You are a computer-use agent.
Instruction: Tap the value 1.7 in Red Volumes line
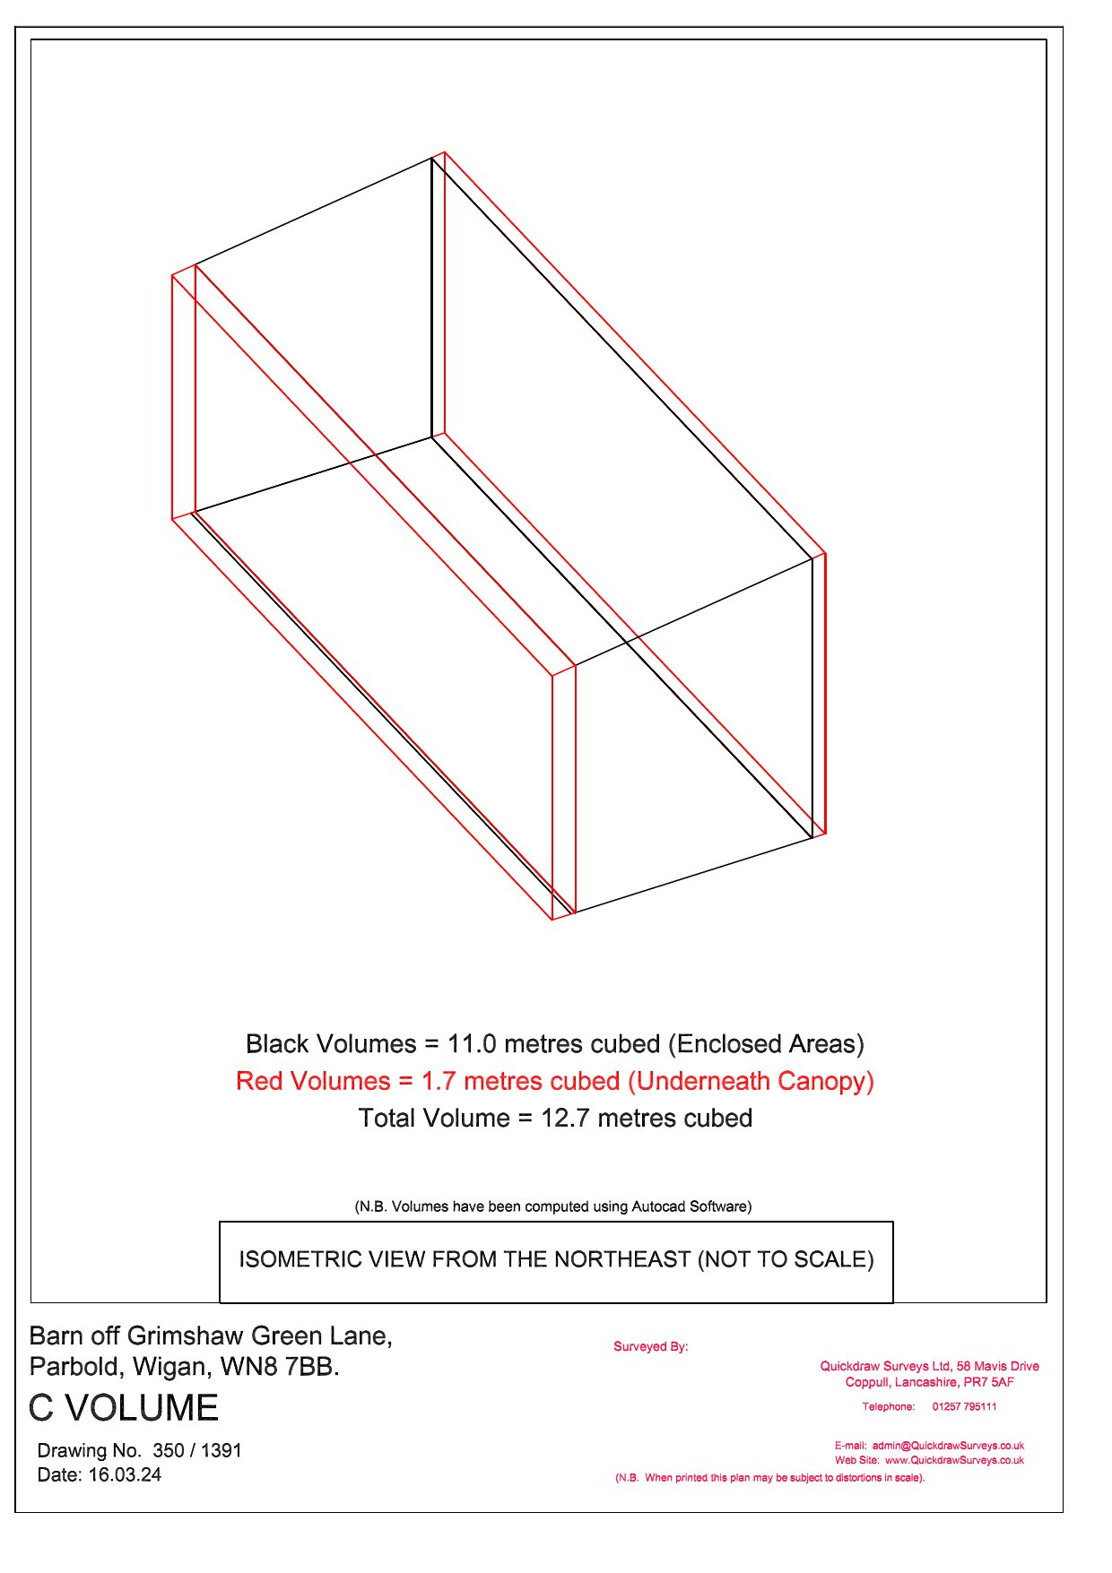point(439,1081)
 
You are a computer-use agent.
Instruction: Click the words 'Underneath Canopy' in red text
point(751,1082)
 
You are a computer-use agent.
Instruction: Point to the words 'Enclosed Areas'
point(766,1044)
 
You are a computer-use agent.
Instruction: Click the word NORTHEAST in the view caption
point(627,1259)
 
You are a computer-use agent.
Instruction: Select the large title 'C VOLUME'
point(124,1408)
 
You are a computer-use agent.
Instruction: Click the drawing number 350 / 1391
point(197,1450)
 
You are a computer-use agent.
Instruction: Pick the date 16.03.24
point(125,1474)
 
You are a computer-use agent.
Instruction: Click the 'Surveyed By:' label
point(651,1346)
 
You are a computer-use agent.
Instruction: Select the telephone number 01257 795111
point(964,1406)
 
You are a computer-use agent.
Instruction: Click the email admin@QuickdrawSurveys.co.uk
point(948,1446)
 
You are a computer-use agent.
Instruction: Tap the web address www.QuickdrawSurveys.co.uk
point(954,1460)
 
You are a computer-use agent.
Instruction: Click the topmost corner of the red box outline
point(445,152)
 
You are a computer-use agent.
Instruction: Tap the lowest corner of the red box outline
point(552,920)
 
